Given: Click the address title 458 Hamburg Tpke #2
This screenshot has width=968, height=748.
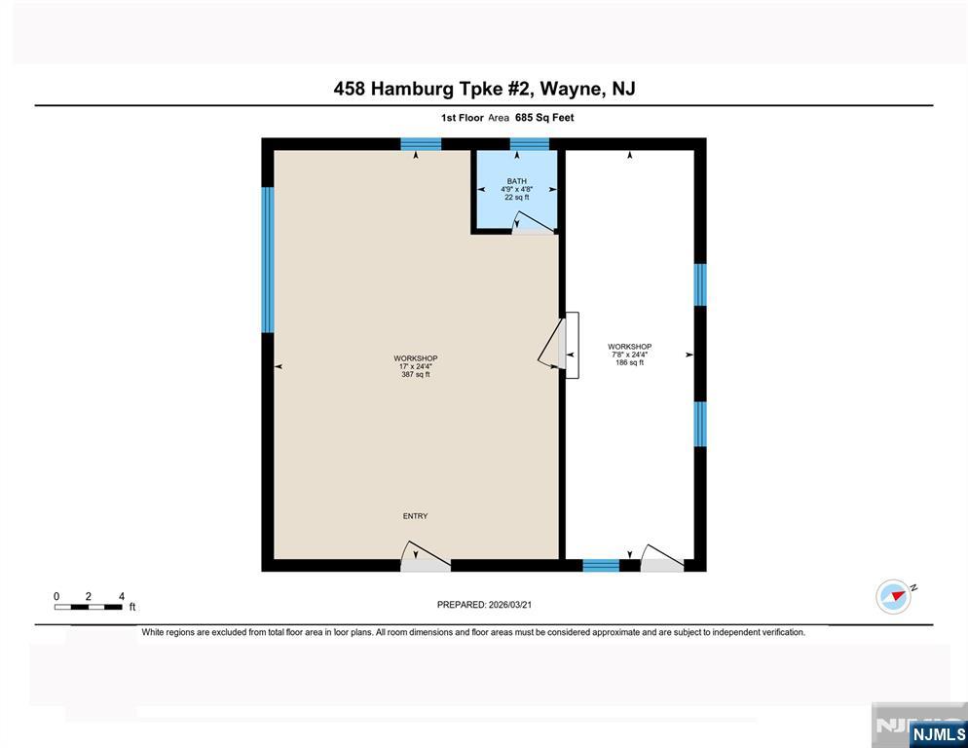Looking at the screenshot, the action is click(431, 89).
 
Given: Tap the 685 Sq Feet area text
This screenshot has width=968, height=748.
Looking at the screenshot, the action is click(544, 117).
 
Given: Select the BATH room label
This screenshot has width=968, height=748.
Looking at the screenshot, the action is click(517, 181).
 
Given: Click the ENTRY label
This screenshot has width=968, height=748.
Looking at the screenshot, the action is click(415, 516).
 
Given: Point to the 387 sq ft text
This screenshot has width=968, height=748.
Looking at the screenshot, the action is click(416, 374).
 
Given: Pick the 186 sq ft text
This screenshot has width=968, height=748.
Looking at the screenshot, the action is click(630, 362).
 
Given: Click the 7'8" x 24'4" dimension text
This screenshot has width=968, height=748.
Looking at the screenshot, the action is click(630, 355).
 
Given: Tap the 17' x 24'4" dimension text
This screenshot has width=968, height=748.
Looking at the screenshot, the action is click(416, 366).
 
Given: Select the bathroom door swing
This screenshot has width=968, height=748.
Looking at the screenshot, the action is click(533, 222).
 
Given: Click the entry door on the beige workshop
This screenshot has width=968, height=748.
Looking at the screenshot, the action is click(426, 556).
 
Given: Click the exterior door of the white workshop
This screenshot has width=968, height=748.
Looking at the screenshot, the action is click(662, 558).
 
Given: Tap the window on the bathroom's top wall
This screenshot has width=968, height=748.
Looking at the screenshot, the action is click(529, 144).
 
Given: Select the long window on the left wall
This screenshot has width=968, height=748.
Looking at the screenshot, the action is click(267, 259).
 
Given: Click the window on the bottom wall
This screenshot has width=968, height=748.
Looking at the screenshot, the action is click(601, 565).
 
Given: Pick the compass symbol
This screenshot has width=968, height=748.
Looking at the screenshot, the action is click(893, 597).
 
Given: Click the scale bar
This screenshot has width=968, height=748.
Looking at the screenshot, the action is click(89, 607).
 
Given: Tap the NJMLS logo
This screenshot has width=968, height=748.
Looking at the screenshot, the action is click(938, 733).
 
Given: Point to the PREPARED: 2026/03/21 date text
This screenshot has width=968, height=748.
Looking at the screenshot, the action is click(484, 605).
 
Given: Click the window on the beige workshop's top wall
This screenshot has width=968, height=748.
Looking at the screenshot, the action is click(421, 144).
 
